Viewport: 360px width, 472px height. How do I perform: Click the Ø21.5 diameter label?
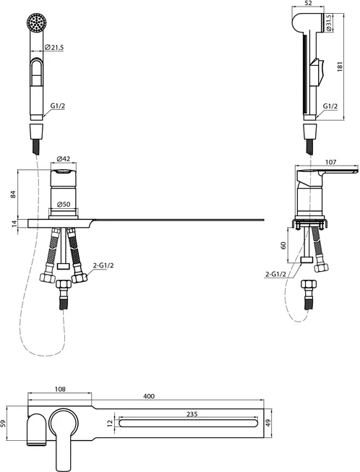tap(54, 47)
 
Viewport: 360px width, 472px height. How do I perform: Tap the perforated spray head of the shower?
tap(36, 22)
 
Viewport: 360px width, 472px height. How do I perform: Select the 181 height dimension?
tap(340, 66)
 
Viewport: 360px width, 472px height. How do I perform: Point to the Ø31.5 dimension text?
tap(329, 23)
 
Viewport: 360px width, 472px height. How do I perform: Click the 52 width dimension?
tap(308, 4)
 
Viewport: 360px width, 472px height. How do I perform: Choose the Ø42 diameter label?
tap(63, 158)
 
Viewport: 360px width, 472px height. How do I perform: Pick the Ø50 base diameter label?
tap(63, 205)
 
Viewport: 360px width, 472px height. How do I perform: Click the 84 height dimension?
tap(13, 194)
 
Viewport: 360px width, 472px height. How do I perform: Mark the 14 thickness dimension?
tap(13, 223)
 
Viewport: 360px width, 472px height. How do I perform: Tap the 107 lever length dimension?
tap(331, 162)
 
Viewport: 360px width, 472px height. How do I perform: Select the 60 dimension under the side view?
tap(283, 245)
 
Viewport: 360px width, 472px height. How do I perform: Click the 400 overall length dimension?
tap(149, 396)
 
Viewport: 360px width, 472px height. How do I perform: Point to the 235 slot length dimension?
tap(192, 414)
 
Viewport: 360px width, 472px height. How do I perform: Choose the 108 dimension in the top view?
tap(60, 389)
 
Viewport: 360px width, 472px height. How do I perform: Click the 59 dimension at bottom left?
tap(4, 424)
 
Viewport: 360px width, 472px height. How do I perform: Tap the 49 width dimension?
tap(269, 424)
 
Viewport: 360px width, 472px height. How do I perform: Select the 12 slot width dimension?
tap(110, 423)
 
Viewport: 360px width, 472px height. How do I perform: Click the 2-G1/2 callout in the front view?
tap(103, 265)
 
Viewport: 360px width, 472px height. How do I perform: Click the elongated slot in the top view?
tap(189, 423)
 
